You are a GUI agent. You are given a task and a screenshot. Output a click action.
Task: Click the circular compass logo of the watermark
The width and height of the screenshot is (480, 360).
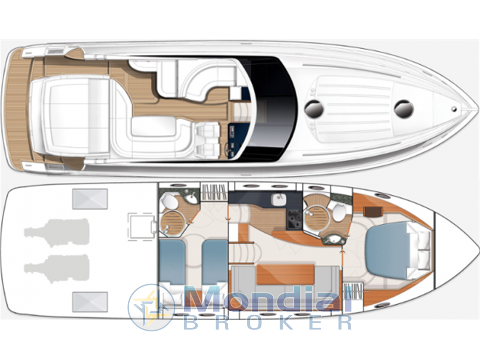click(150, 307)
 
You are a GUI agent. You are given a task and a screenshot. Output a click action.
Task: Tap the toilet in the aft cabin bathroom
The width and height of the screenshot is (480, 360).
click(169, 201)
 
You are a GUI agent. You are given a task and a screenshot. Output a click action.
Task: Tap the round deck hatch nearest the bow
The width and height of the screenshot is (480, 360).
click(404, 109)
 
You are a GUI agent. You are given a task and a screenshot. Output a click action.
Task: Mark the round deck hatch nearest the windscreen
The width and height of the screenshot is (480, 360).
click(314, 109)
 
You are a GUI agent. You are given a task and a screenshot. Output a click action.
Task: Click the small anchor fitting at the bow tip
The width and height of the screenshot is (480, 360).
click(454, 109)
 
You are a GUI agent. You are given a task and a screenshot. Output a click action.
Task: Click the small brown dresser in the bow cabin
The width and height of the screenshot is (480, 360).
click(373, 211)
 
